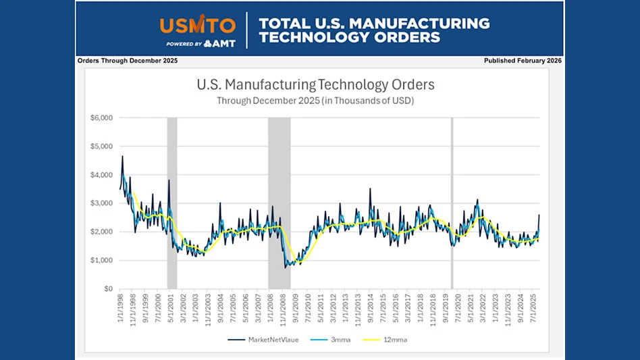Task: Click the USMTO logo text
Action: point(198,26)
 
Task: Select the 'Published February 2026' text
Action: point(523,61)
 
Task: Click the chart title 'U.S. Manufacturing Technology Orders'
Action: point(315,85)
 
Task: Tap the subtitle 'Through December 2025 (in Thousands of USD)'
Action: point(315,101)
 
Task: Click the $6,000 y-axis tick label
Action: point(101,118)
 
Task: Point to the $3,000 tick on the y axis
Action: point(101,203)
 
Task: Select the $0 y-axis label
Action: point(107,289)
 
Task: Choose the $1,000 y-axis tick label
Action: point(101,261)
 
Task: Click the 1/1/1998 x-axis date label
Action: point(120,308)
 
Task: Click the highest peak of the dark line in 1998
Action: point(122,156)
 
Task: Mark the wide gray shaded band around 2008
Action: point(279,203)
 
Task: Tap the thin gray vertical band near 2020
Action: point(452,203)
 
